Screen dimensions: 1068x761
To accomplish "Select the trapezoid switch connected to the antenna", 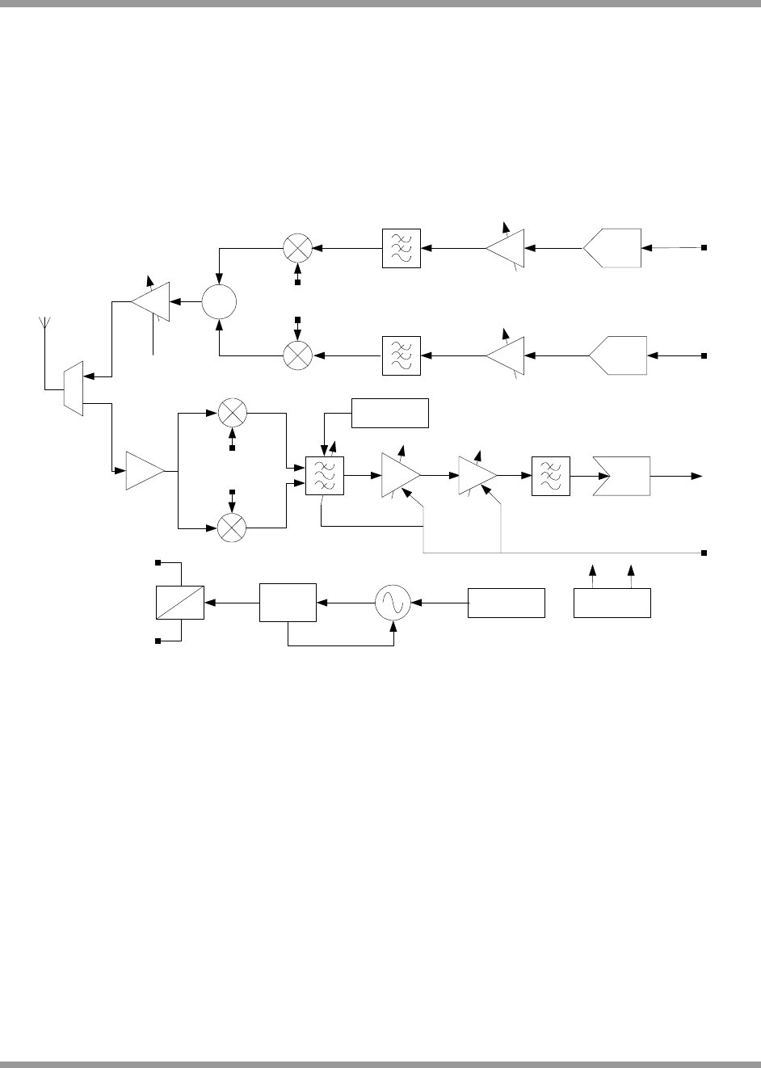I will coord(74,388).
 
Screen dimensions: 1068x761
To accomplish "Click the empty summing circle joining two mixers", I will coord(218,302).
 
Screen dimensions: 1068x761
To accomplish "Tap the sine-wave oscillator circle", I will coord(393,603).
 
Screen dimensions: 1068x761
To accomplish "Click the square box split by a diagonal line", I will coord(180,603).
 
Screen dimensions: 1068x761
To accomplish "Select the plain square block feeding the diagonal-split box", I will coord(288,603).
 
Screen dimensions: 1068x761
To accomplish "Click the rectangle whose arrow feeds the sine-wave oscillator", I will coord(507,603).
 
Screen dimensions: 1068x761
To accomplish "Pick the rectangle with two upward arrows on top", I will coord(612,603).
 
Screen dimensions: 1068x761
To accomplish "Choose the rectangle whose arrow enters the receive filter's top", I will coord(390,413).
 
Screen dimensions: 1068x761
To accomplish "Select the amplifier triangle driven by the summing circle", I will coord(153,302).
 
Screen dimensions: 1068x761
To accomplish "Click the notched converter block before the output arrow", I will coord(622,476).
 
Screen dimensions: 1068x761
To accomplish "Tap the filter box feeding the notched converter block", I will coord(551,476).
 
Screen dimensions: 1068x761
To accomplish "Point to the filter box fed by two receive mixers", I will coord(325,476).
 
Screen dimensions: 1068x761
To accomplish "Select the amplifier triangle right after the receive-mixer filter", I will coord(400,476).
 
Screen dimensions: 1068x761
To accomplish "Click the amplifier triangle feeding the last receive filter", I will coord(477,476).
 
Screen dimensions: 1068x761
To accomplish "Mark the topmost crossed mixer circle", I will coord(297,247).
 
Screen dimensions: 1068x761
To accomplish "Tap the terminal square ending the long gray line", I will coord(704,553).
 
